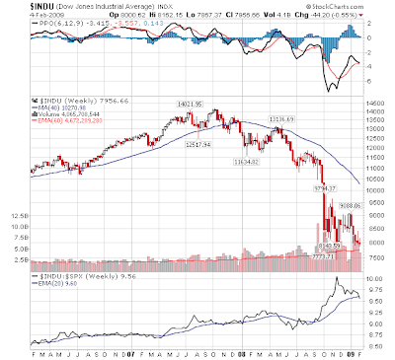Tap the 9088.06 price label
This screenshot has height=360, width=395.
point(342,205)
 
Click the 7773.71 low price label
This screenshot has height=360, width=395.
point(323,255)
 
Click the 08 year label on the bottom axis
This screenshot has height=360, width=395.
point(216,350)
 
